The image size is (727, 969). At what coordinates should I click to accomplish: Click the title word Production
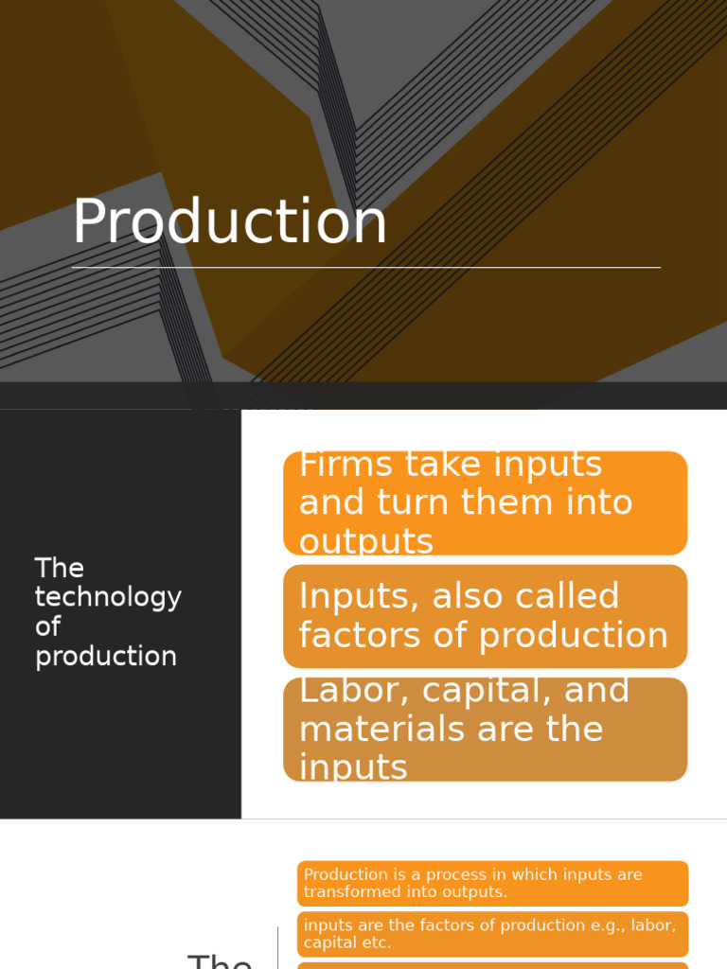pyautogui.click(x=230, y=223)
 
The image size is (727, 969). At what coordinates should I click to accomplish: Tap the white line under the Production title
pyautogui.click(x=365, y=268)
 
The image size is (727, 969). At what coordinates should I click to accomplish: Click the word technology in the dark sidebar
pyautogui.click(x=108, y=598)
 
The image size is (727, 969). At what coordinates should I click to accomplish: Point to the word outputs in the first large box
pyautogui.click(x=366, y=542)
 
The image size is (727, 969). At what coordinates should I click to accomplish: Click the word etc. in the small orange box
pyautogui.click(x=374, y=943)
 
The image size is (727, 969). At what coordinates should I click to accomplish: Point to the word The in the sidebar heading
pyautogui.click(x=60, y=568)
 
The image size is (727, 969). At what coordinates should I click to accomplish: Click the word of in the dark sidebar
pyautogui.click(x=47, y=626)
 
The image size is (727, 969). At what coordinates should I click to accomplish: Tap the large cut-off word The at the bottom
pyautogui.click(x=220, y=960)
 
